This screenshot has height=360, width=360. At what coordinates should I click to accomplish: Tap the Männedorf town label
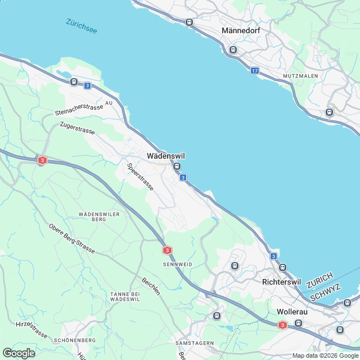click(240, 30)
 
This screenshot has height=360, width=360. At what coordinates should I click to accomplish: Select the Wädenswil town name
click(166, 156)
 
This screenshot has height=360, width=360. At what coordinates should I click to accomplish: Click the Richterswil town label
click(282, 282)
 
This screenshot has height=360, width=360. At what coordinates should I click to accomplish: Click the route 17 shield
click(255, 70)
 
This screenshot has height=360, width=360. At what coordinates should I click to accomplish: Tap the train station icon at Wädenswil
click(177, 166)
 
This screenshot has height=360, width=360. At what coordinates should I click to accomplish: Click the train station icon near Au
click(74, 82)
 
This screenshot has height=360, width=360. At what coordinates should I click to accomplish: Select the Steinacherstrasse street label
click(79, 110)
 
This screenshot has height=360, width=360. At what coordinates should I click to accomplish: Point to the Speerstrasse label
click(140, 177)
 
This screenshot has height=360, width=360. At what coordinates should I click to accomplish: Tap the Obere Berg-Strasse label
click(72, 238)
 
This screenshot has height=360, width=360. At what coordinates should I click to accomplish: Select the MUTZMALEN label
click(300, 75)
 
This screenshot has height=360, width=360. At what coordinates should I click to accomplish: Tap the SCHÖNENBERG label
click(74, 340)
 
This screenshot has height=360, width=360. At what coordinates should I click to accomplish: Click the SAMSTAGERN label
click(195, 343)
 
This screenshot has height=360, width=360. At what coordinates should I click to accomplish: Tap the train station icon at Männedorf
click(233, 49)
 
